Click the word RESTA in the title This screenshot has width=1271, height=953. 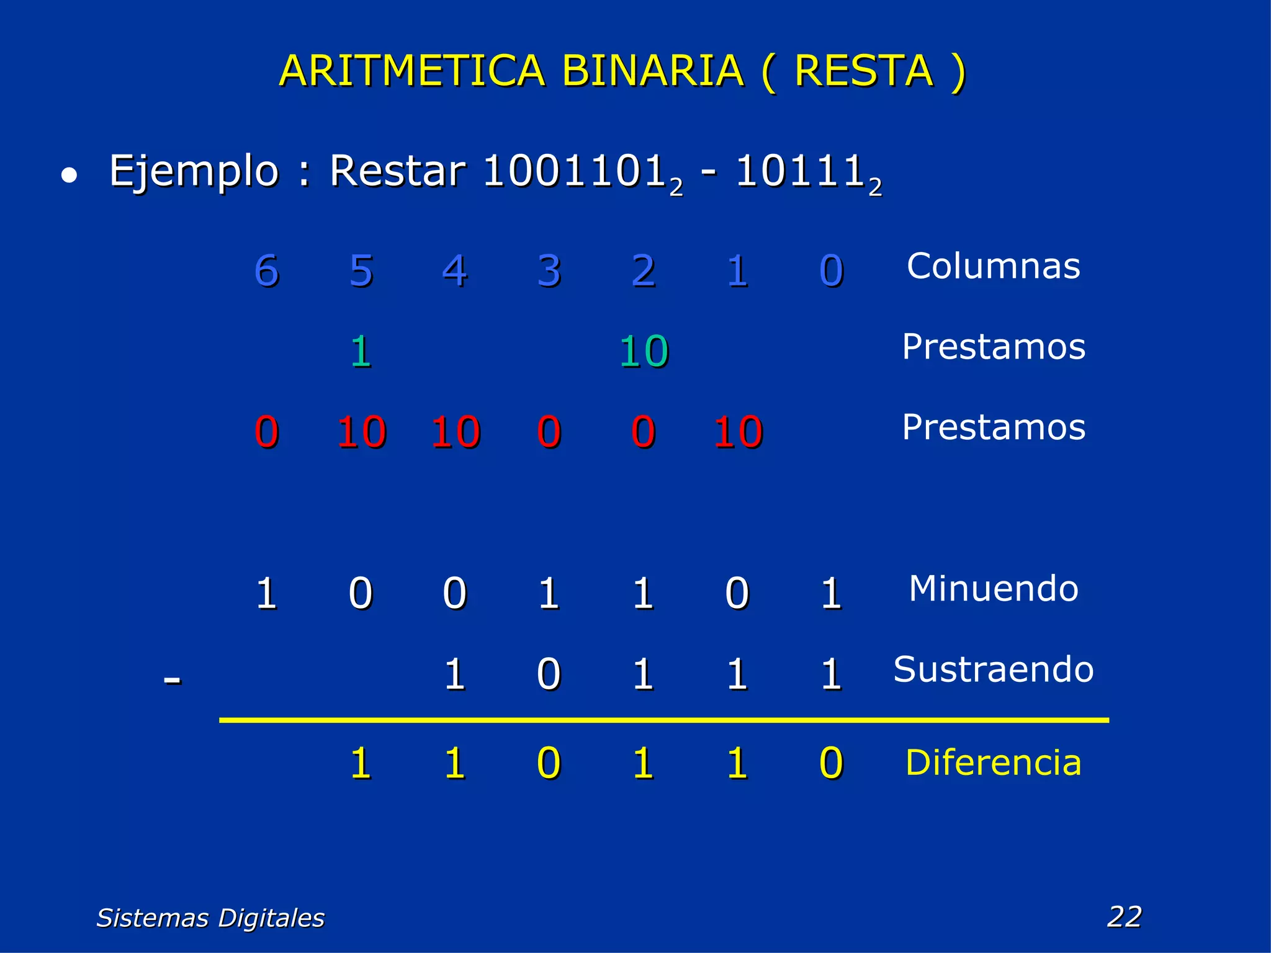point(863,71)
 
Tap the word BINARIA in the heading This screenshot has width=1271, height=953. point(652,71)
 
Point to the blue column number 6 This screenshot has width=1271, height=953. point(267,271)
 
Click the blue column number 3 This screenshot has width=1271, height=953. point(549,271)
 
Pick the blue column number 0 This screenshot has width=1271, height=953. point(831,271)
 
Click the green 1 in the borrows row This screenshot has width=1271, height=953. point(361,351)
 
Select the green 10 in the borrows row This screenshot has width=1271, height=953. point(644,351)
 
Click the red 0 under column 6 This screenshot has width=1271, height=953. point(267,432)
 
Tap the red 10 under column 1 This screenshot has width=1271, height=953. point(737,432)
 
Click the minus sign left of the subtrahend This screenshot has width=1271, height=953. point(172,679)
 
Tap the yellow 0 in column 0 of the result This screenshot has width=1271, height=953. point(831,763)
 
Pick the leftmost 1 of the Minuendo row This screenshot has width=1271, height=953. point(267,593)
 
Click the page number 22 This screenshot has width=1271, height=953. point(1124,916)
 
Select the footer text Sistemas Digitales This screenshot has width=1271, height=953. point(210,918)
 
